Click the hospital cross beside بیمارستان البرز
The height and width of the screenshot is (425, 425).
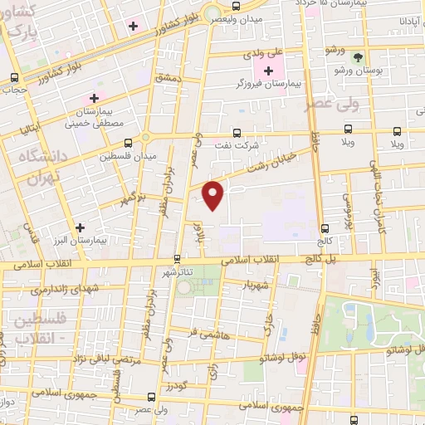pyautogui.click(x=80, y=227)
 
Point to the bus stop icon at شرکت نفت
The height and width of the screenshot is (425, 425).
pyautogui.click(x=238, y=133)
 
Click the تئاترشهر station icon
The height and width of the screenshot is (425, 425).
pyautogui.click(x=177, y=258)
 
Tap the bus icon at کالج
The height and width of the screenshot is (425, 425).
pyautogui.click(x=325, y=227)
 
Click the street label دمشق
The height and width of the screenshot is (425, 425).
pyautogui.click(x=165, y=76)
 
